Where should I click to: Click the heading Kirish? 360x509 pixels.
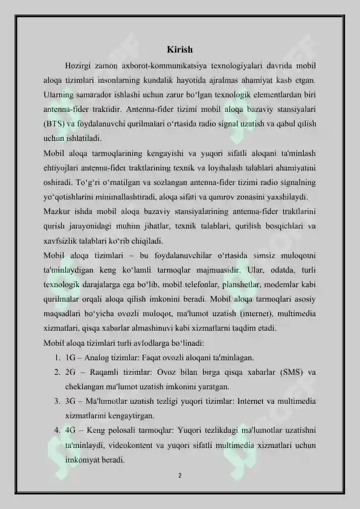click(x=179, y=49)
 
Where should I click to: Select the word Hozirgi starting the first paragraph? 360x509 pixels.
click(x=78, y=65)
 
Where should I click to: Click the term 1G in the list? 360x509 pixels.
click(x=70, y=357)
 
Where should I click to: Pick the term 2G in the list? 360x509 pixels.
click(x=71, y=372)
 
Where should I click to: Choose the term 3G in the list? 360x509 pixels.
click(x=71, y=401)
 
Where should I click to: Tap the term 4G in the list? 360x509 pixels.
click(x=71, y=430)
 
